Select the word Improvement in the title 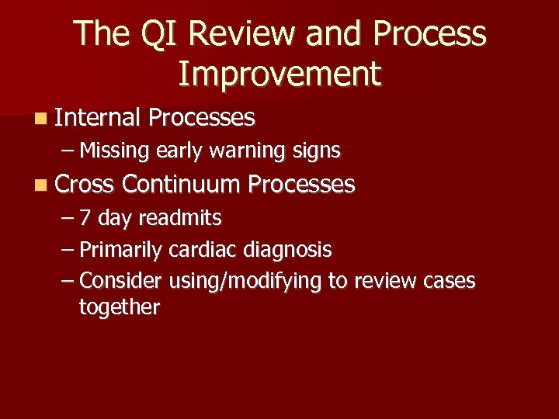click(279, 74)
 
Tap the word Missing click(115, 151)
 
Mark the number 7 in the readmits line click(86, 218)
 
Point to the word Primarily click(120, 250)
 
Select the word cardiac click(204, 250)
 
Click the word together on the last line click(119, 307)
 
